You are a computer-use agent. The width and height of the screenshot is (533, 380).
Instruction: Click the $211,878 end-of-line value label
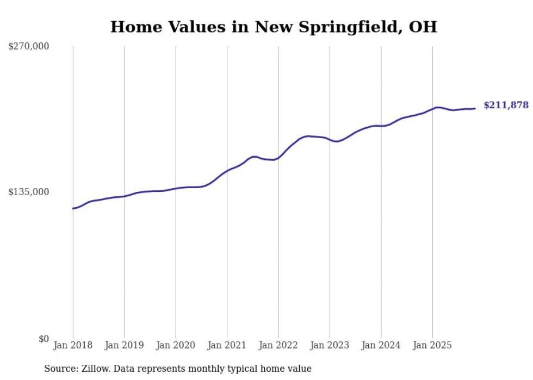click(506, 105)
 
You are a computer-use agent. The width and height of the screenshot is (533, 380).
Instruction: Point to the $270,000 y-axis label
click(28, 47)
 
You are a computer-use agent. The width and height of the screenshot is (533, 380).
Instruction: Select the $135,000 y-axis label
click(28, 192)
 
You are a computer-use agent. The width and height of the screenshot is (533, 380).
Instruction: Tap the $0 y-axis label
click(44, 339)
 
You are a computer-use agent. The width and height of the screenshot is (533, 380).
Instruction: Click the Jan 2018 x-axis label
click(73, 345)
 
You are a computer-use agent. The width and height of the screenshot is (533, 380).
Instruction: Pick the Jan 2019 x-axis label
click(124, 345)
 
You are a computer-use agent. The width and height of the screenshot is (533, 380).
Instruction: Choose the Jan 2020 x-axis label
click(176, 345)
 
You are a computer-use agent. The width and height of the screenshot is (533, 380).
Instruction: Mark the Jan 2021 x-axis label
click(227, 345)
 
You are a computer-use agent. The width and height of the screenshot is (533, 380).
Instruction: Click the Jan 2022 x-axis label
click(278, 345)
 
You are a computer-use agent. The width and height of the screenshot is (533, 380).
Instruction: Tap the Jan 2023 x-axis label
click(330, 345)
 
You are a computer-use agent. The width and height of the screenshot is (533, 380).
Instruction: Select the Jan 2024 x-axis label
click(381, 345)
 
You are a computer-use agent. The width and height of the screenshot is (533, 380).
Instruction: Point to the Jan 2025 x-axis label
click(432, 345)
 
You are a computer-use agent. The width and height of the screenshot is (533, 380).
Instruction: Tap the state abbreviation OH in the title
click(424, 27)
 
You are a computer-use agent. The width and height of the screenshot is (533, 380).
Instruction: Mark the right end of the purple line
click(475, 108)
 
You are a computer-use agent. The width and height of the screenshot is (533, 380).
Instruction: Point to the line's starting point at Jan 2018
click(73, 208)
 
